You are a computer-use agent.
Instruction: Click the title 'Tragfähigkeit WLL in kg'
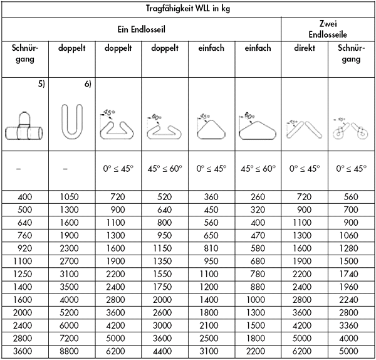(x=188, y=8)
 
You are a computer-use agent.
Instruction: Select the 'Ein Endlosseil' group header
(x=141, y=29)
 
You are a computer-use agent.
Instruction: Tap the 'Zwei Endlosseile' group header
(x=328, y=29)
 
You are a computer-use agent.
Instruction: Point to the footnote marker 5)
(x=40, y=85)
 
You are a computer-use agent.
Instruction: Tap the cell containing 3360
(x=351, y=327)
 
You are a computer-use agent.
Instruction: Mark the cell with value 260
(x=257, y=197)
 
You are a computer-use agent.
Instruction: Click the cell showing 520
(x=165, y=197)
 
